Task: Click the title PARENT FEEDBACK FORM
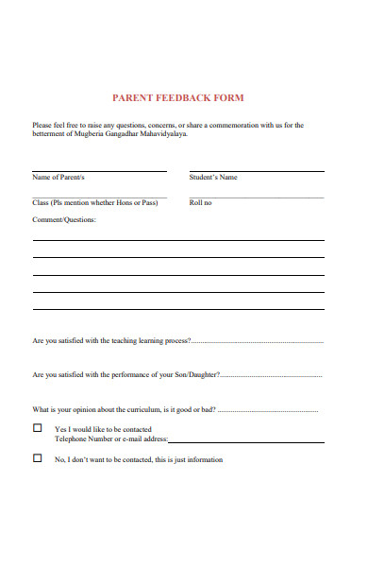pos(177,97)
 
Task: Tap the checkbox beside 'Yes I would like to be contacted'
pos(38,428)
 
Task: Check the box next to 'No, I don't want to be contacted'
pos(38,458)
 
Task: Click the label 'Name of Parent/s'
pos(59,178)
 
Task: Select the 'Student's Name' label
pos(213,178)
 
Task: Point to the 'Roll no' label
pos(201,203)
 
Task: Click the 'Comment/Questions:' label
pos(64,220)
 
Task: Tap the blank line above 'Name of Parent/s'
pos(99,170)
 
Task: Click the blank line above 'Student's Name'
pos(256,170)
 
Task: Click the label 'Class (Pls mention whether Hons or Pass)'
pos(94,203)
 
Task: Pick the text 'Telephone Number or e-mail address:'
pos(111,439)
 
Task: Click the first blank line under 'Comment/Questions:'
pos(178,240)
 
